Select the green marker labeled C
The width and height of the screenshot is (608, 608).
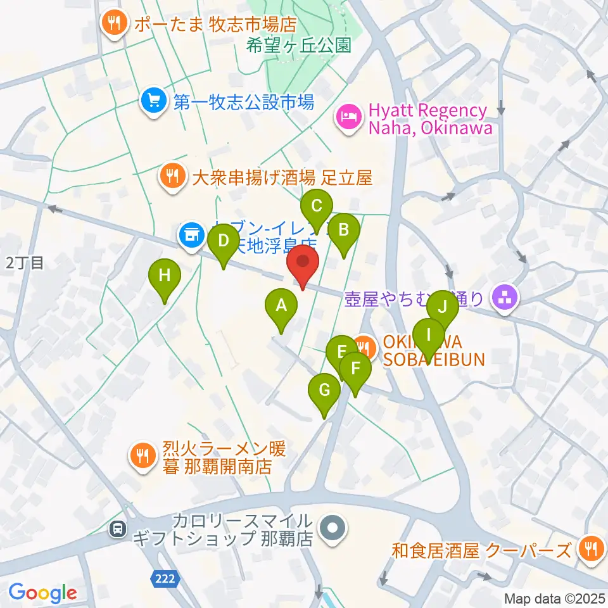point(316,206)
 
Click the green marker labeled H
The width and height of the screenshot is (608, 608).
point(165,276)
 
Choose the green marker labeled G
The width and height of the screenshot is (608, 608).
point(324,391)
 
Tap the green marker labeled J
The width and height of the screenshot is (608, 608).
point(443,308)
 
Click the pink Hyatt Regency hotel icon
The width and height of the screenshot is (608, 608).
point(348,117)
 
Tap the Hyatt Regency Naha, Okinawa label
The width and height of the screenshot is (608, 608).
point(428,120)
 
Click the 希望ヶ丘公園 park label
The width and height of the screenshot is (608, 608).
point(299,46)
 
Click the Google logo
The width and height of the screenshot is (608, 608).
point(42,593)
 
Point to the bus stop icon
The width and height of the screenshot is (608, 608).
point(117,529)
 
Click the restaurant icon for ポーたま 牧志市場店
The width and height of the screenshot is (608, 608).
point(115,24)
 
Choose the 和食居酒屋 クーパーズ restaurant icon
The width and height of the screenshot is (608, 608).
point(590,549)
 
